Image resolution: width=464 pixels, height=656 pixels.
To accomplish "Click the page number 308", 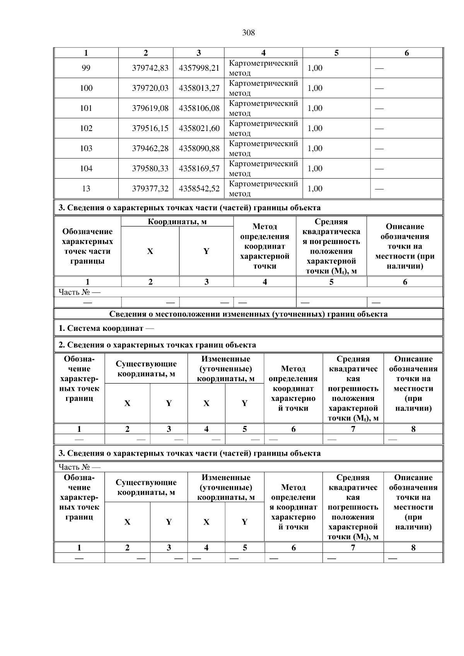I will [x=248, y=33].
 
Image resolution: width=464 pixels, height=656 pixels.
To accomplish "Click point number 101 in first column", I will [x=86, y=108].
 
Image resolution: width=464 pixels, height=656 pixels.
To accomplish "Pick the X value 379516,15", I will [x=150, y=128].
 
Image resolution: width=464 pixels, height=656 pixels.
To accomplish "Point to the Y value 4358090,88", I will [x=199, y=148].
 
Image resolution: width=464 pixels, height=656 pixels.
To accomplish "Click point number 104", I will [x=86, y=169].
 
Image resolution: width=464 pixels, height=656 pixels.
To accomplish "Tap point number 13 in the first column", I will [x=86, y=189].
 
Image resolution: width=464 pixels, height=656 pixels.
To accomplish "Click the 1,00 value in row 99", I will [x=315, y=68].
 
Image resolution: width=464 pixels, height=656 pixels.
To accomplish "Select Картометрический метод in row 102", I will [x=263, y=128].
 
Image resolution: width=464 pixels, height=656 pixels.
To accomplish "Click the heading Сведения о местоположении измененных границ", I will [x=248, y=314].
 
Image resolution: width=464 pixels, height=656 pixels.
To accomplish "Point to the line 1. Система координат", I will [x=106, y=329].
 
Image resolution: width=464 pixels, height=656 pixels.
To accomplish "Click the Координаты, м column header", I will [x=177, y=222].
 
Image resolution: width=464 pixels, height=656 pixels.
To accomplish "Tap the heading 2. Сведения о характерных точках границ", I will [x=157, y=345].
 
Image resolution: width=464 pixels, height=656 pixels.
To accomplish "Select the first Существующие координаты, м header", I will [x=146, y=369].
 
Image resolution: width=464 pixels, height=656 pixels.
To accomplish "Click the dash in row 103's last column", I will [x=379, y=148].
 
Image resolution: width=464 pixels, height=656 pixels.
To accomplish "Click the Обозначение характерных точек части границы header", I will [x=87, y=246].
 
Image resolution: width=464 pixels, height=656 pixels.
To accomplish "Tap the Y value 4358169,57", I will [x=199, y=169].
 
